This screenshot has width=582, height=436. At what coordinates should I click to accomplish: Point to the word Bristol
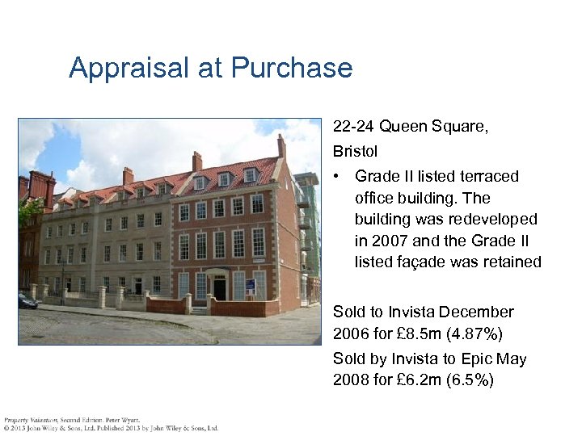click(x=355, y=151)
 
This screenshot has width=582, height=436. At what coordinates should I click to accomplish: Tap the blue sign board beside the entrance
click(x=250, y=286)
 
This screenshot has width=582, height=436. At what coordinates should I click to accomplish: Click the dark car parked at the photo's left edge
click(x=27, y=301)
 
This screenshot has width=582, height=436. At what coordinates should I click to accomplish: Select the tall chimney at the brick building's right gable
click(x=281, y=147)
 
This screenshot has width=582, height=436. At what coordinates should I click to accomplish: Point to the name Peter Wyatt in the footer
click(x=123, y=420)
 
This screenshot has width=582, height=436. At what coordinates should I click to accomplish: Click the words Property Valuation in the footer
click(x=26, y=420)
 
